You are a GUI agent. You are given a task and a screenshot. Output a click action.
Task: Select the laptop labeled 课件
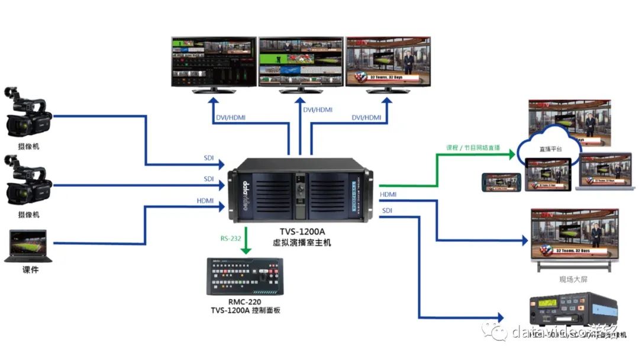[28, 246]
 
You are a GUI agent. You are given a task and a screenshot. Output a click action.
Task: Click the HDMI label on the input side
[205, 201]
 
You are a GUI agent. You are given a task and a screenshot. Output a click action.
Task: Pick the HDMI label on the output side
[388, 194]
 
